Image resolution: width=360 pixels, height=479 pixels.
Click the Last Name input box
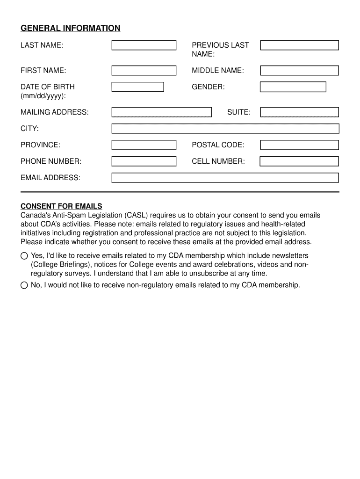144,45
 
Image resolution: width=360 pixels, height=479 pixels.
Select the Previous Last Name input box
299,45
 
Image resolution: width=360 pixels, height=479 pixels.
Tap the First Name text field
144,71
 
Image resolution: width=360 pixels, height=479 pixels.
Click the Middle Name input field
299,71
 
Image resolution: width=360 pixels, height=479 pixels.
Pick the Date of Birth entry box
137,87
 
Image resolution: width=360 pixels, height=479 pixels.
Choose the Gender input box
293,87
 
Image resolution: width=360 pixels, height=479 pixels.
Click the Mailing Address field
161,112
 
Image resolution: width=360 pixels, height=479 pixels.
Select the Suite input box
299,112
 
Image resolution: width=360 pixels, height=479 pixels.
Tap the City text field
225,129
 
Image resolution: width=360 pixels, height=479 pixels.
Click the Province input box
144,145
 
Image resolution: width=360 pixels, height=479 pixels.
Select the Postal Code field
299,145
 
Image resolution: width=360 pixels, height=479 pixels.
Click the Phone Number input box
144,161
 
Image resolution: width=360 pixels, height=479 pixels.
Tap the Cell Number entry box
299,161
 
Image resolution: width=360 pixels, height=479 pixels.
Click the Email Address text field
225,178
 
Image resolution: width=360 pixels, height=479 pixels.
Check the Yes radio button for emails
24,256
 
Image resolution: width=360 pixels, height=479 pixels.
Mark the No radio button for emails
24,285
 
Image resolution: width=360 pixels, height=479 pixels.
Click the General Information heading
70,29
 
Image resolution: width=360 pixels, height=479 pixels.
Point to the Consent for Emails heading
61,206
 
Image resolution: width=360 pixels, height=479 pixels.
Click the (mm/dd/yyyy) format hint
43,96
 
